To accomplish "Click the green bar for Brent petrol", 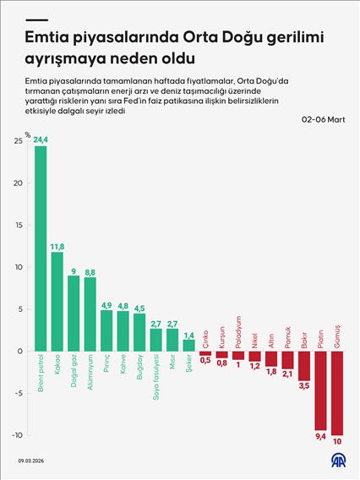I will pos(41,248).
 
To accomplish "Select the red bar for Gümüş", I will pos(337,393).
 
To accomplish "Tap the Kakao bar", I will pos(57,301).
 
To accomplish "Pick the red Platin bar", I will pos(320,390).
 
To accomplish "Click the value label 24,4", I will pos(41,139).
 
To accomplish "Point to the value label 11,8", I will pos(57,246).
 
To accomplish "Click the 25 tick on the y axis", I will pos(18,141).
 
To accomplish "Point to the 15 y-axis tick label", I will pos(18,225).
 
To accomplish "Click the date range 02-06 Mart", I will pos(323,120).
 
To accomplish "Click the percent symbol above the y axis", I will pos(27,134).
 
